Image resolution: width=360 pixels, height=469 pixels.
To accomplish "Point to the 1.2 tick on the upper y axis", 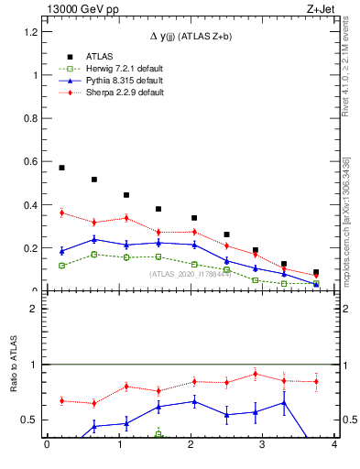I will (x=31, y=32).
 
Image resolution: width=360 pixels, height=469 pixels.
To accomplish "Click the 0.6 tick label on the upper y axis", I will (x=31, y=162).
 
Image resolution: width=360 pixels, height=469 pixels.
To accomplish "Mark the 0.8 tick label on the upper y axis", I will (x=31, y=119).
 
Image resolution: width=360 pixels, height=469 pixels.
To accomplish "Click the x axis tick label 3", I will (x=262, y=446).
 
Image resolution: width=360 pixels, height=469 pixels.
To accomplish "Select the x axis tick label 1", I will (x=118, y=446).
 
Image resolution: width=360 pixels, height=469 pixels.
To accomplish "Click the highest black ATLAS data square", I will (x=61, y=168).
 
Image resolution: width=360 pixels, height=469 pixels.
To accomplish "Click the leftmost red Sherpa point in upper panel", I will (x=61, y=213).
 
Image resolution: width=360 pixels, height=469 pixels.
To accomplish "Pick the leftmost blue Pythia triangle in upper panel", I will (x=61, y=250).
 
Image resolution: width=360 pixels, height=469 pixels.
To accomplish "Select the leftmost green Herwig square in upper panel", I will (x=61, y=266).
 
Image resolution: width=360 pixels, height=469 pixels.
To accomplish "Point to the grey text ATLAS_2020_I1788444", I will (x=190, y=274).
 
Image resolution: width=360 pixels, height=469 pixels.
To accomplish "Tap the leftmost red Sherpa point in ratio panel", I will (x=61, y=400).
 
